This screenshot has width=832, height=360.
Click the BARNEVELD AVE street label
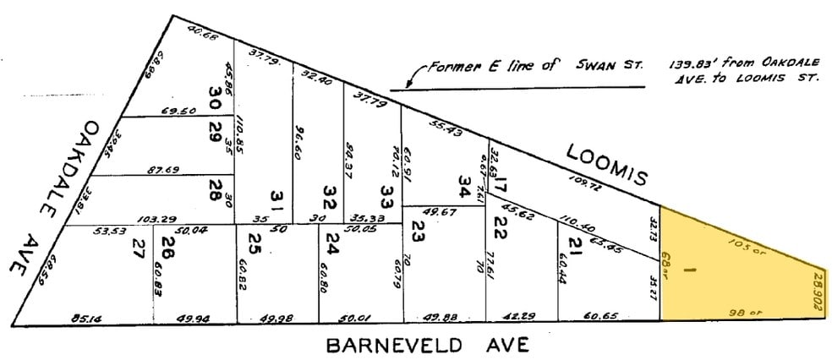tap(427, 345)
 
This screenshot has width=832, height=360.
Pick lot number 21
tap(575, 247)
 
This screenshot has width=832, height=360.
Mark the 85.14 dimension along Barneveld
tap(88, 319)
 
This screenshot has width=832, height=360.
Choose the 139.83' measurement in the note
tap(696, 64)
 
